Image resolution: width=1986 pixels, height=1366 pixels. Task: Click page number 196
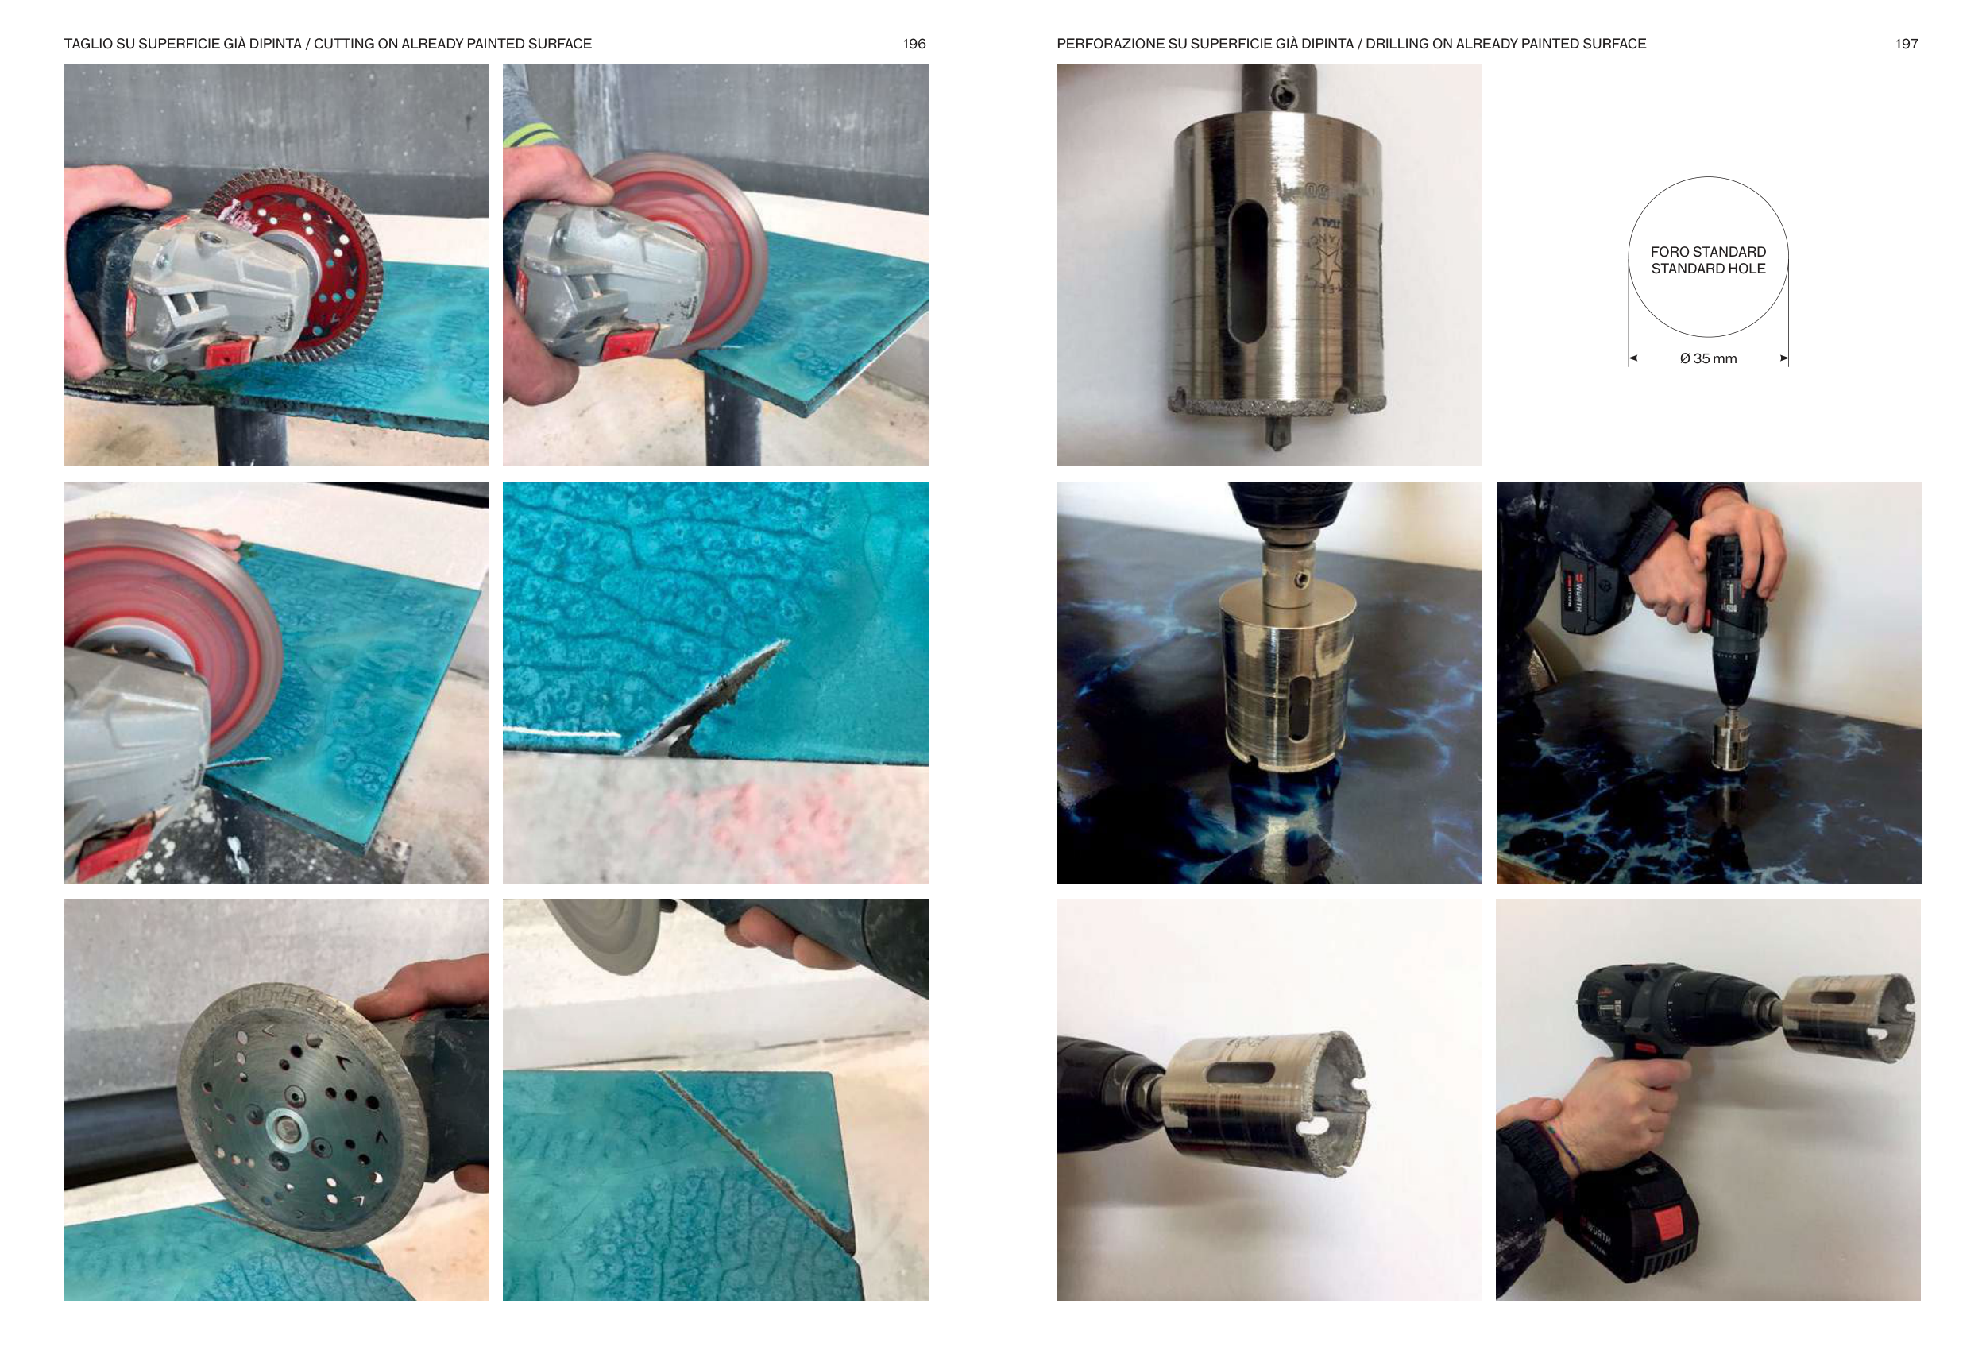pos(914,44)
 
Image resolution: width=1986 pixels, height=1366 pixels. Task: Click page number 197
pos(1906,44)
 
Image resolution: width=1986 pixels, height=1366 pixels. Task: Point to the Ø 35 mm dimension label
pos(1708,358)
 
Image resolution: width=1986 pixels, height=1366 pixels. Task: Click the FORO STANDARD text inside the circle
pos(1708,252)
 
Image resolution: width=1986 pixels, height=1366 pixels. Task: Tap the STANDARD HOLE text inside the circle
pos(1708,269)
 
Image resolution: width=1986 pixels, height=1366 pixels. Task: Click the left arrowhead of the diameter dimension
pos(1633,358)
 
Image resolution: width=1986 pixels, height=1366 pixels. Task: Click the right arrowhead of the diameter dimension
pos(1783,358)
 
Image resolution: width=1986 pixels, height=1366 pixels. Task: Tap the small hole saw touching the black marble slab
pos(1731,742)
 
